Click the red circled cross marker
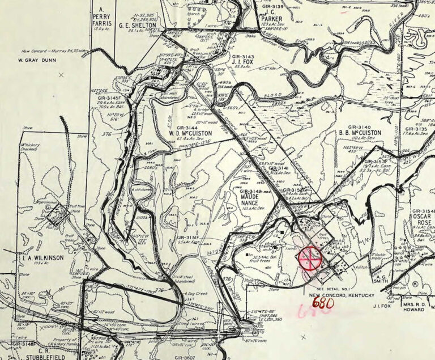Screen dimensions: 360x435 click(x=309, y=259)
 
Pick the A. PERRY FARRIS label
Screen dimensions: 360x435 click(x=103, y=18)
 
